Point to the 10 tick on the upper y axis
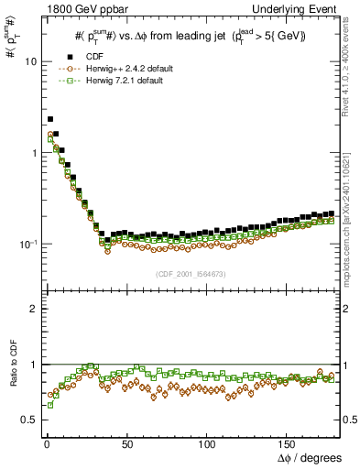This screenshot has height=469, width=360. point(30,61)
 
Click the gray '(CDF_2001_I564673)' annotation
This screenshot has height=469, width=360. point(191,273)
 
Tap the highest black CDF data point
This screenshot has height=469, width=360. point(50,119)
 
